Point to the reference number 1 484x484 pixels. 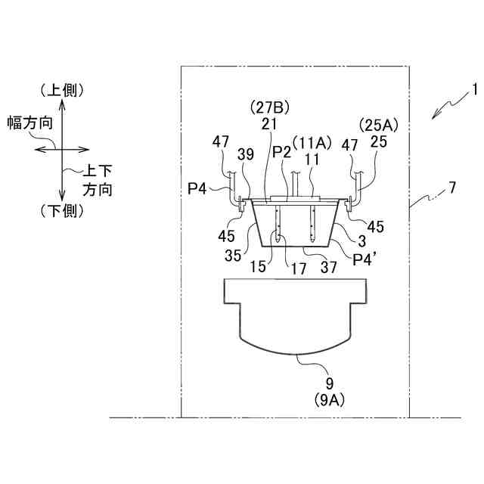pos(474,89)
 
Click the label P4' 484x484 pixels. pos(365,259)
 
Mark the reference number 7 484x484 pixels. pos(451,187)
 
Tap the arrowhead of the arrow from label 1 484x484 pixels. pos(434,115)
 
